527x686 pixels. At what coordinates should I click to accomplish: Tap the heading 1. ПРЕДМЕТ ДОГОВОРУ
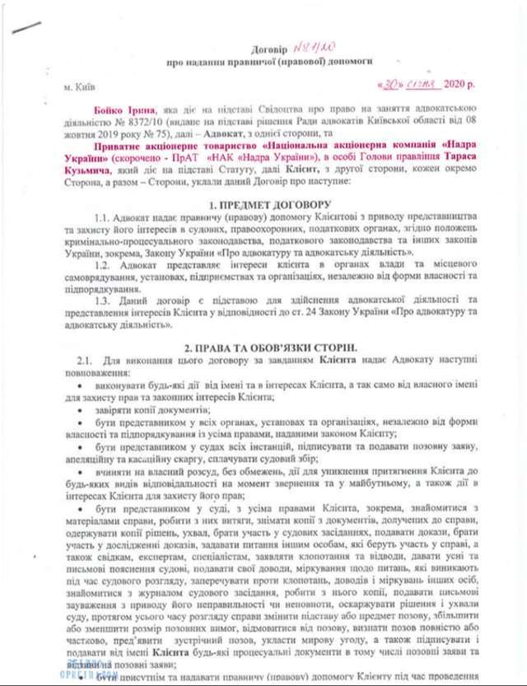coord(269,203)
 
